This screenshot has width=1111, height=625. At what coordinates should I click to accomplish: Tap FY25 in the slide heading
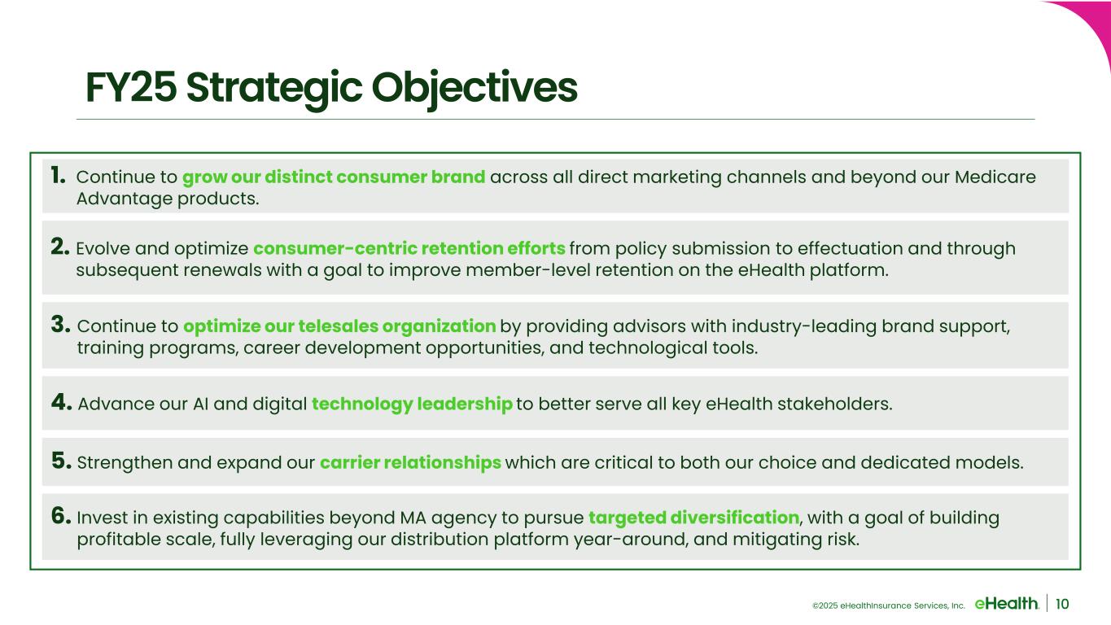[x=131, y=87]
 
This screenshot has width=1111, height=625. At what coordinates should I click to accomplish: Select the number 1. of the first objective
[x=58, y=175]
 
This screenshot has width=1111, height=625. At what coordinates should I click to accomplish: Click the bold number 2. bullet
[x=60, y=247]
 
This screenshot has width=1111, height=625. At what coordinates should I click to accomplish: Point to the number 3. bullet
[x=60, y=325]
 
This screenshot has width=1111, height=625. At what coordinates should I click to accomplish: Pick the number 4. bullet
[x=62, y=402]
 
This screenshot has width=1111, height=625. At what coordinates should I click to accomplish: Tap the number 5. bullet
[x=62, y=461]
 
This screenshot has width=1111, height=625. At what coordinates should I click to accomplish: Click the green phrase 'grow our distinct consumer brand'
[x=334, y=177]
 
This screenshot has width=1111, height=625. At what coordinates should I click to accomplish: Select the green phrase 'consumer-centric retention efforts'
[x=409, y=248]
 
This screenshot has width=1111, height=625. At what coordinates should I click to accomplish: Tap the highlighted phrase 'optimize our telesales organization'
[x=339, y=326]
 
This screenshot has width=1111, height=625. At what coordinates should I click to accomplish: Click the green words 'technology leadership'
[x=412, y=404]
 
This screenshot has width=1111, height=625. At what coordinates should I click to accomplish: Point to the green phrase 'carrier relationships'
[x=411, y=462]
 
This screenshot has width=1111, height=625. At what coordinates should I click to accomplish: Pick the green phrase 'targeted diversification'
[x=694, y=518]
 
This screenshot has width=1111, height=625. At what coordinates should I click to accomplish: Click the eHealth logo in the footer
[x=1007, y=604]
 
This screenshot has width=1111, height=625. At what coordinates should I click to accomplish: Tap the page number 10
[x=1062, y=604]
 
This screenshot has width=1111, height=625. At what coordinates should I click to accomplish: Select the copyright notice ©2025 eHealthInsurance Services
[x=889, y=605]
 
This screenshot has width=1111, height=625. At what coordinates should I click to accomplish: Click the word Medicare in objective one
[x=995, y=177]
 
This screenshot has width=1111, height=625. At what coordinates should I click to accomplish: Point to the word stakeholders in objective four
[x=835, y=404]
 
